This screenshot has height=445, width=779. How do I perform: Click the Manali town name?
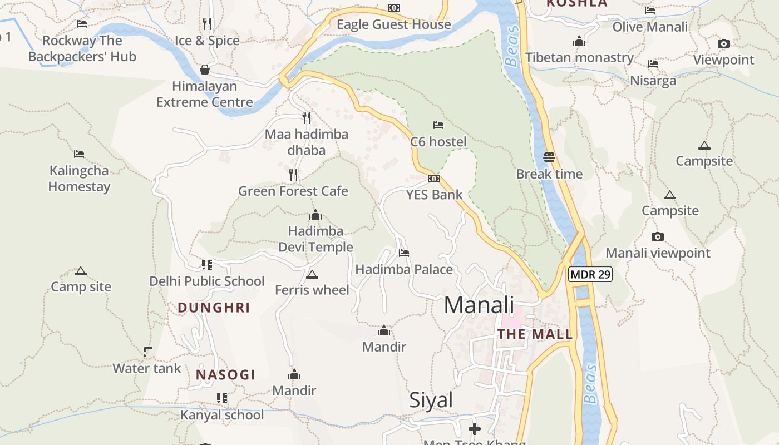(x=479, y=305)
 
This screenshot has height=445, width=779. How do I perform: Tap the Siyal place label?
(x=431, y=400)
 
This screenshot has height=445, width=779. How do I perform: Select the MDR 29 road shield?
(x=590, y=274)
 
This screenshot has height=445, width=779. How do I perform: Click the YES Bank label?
(x=434, y=195)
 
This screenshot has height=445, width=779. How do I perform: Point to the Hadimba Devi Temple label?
(x=315, y=239)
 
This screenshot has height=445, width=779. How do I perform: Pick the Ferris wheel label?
(x=312, y=290)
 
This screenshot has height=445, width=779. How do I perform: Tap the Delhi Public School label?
(x=207, y=281)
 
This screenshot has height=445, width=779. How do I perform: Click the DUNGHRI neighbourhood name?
(x=214, y=308)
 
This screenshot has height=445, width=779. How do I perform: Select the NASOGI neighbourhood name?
(x=225, y=375)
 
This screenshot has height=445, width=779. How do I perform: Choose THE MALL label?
(x=535, y=334)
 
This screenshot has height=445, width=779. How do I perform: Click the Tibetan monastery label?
(x=579, y=57)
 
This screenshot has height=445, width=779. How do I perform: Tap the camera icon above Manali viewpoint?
(x=658, y=236)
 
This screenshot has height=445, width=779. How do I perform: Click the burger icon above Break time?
(x=549, y=157)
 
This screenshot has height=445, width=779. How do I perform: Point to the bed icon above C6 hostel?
(x=438, y=125)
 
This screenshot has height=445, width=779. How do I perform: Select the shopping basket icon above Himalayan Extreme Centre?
(x=205, y=70)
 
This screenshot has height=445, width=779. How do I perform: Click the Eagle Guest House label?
(x=393, y=24)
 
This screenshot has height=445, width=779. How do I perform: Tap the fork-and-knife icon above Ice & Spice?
(x=207, y=23)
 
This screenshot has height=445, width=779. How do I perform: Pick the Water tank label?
(x=147, y=368)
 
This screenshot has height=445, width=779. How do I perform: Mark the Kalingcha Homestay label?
(x=79, y=179)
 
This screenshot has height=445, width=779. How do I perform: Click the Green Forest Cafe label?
(x=293, y=191)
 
